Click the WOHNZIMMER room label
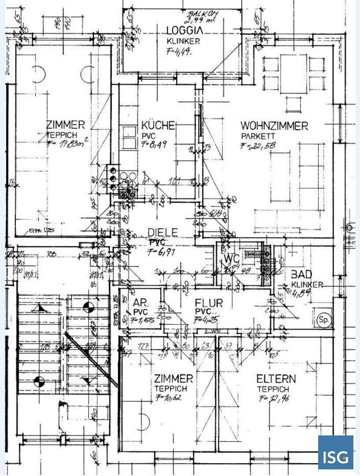274,126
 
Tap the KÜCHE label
158,125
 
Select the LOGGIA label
185,31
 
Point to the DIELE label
163,232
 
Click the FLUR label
209,303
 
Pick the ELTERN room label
276,379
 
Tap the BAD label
301,274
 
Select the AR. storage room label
141,304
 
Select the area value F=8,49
154,145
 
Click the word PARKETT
258,136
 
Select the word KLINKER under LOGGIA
184,41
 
